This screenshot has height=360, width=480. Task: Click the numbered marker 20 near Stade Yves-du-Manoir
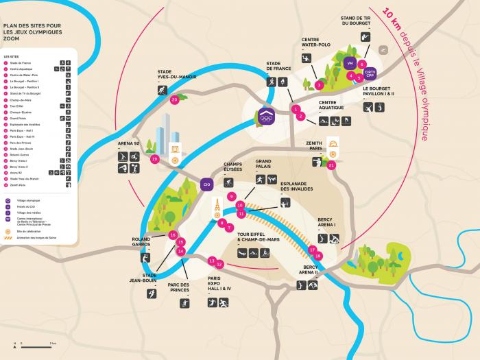174,99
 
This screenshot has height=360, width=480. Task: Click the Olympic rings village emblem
266,117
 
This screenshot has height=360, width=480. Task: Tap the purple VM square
350,63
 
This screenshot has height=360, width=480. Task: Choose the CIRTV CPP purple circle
370,73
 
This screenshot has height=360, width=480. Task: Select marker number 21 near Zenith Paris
332,165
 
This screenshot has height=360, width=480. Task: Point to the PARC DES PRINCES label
178,288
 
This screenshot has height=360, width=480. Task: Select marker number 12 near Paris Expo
220,264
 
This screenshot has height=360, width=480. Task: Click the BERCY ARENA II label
311,269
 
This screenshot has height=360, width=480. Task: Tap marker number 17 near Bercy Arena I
312,250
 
